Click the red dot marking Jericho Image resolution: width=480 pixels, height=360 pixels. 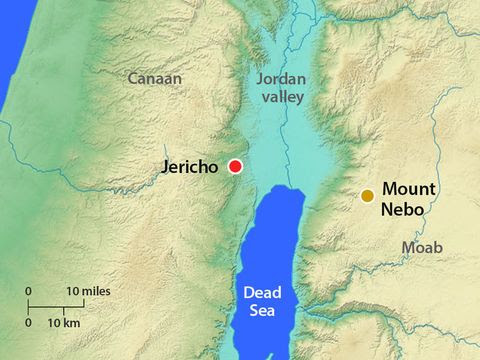coord(235,166)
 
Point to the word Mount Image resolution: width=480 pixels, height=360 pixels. coord(409,188)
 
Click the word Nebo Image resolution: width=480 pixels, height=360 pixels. coord(403,210)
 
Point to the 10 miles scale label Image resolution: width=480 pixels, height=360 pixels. coord(88,291)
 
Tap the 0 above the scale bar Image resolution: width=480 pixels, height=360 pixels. coord(29,291)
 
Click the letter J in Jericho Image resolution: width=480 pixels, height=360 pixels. coord(166,167)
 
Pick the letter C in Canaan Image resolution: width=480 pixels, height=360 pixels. coord(134,76)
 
